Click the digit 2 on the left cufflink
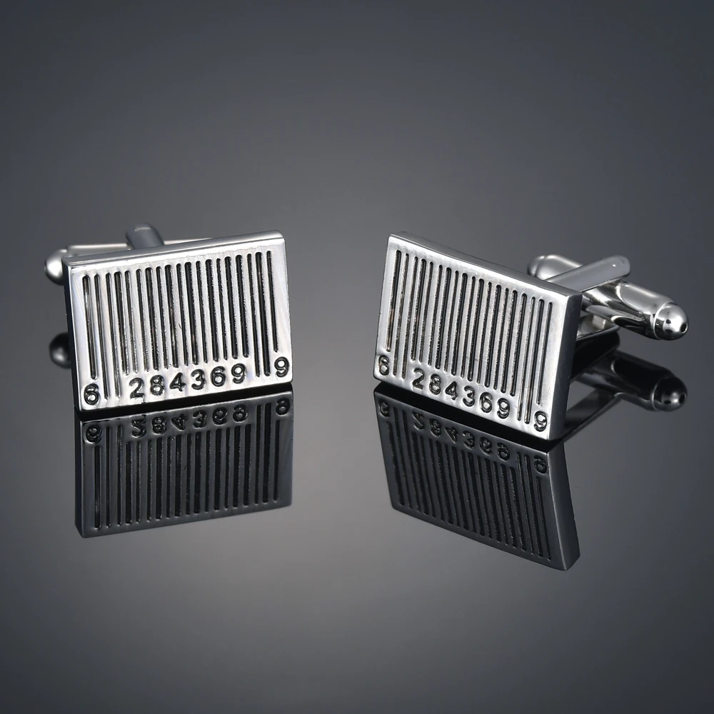[136, 388]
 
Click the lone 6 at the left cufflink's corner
[91, 393]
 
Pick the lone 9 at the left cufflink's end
[281, 367]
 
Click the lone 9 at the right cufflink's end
[540, 421]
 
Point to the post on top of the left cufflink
[143, 236]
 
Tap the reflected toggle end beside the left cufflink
[59, 350]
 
